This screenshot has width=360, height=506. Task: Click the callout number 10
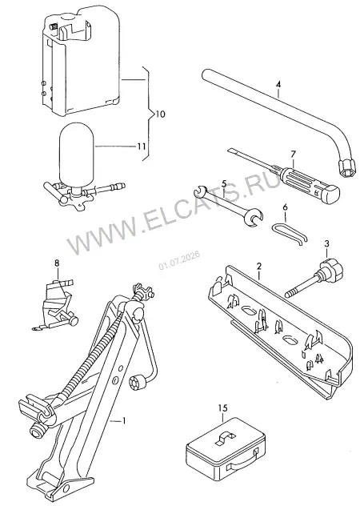(x=160, y=114)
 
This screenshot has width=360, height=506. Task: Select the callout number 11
(x=141, y=147)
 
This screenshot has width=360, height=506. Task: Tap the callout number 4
(x=278, y=85)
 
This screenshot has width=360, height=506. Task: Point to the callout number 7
(x=293, y=155)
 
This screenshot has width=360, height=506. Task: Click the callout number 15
(x=223, y=408)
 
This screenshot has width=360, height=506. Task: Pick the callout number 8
(x=57, y=263)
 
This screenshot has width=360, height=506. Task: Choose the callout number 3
(x=326, y=243)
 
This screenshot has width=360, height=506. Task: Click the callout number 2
(x=259, y=267)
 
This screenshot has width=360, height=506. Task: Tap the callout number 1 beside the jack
(x=123, y=421)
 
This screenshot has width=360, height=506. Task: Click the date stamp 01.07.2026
(x=179, y=259)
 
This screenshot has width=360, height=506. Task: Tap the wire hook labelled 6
(x=289, y=231)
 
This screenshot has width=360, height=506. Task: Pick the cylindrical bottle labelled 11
(x=76, y=156)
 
